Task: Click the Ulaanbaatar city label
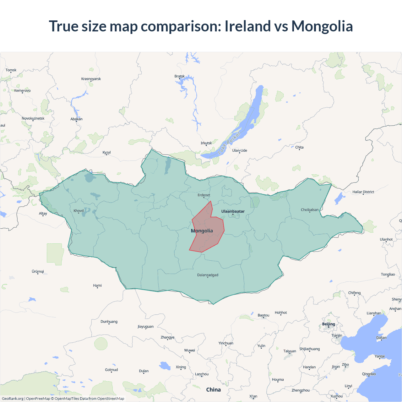pos(233,211)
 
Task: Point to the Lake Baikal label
pos(229,143)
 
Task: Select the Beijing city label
pos(329,324)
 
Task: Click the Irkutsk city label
pos(206,143)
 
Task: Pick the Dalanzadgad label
pos(208,275)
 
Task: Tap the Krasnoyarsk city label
pos(91,79)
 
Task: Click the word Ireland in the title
pos(248,26)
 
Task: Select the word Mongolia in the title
pos(322,26)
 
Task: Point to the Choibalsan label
pos(310,210)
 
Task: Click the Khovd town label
pos(79,211)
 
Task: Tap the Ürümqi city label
pos(38,272)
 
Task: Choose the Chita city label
pos(299,147)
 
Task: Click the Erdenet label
pos(204,195)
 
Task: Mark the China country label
pos(214,390)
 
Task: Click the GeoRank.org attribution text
pos(13,399)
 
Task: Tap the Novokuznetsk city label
pos(33,118)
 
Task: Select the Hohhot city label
pos(281,313)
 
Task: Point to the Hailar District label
pos(363,192)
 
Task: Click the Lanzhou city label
pos(202,374)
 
